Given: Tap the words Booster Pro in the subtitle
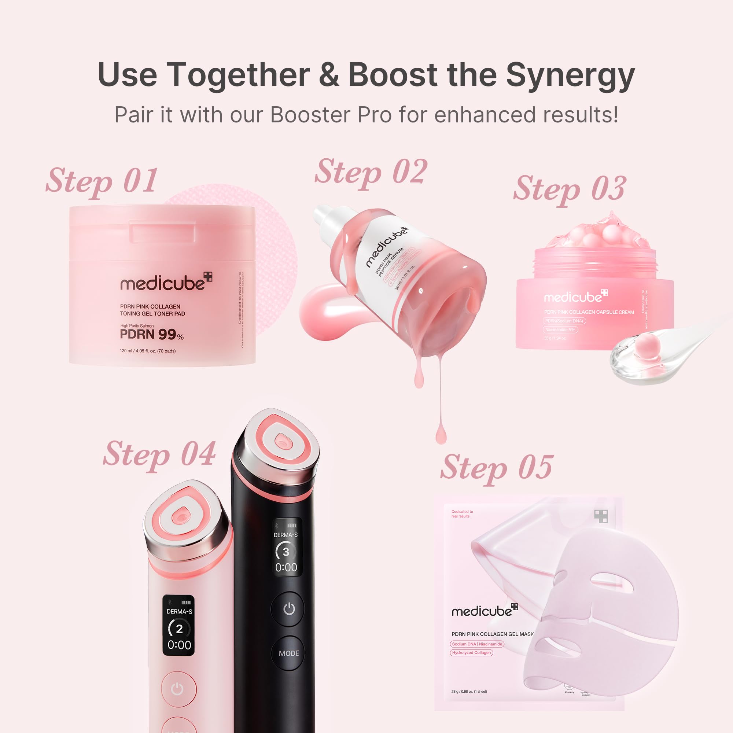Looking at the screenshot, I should (331, 115).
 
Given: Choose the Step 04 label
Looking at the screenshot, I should (159, 454).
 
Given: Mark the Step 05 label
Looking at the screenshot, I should (496, 468).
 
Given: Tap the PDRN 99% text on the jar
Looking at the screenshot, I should (151, 335).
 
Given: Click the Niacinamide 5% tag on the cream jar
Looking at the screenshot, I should (560, 330).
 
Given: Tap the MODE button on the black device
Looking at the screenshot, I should (289, 653).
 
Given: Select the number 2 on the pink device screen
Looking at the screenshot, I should (179, 629).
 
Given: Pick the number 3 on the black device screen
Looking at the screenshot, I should (286, 552).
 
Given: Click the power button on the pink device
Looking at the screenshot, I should (177, 689).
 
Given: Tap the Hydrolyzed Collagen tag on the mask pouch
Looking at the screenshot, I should (471, 653).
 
